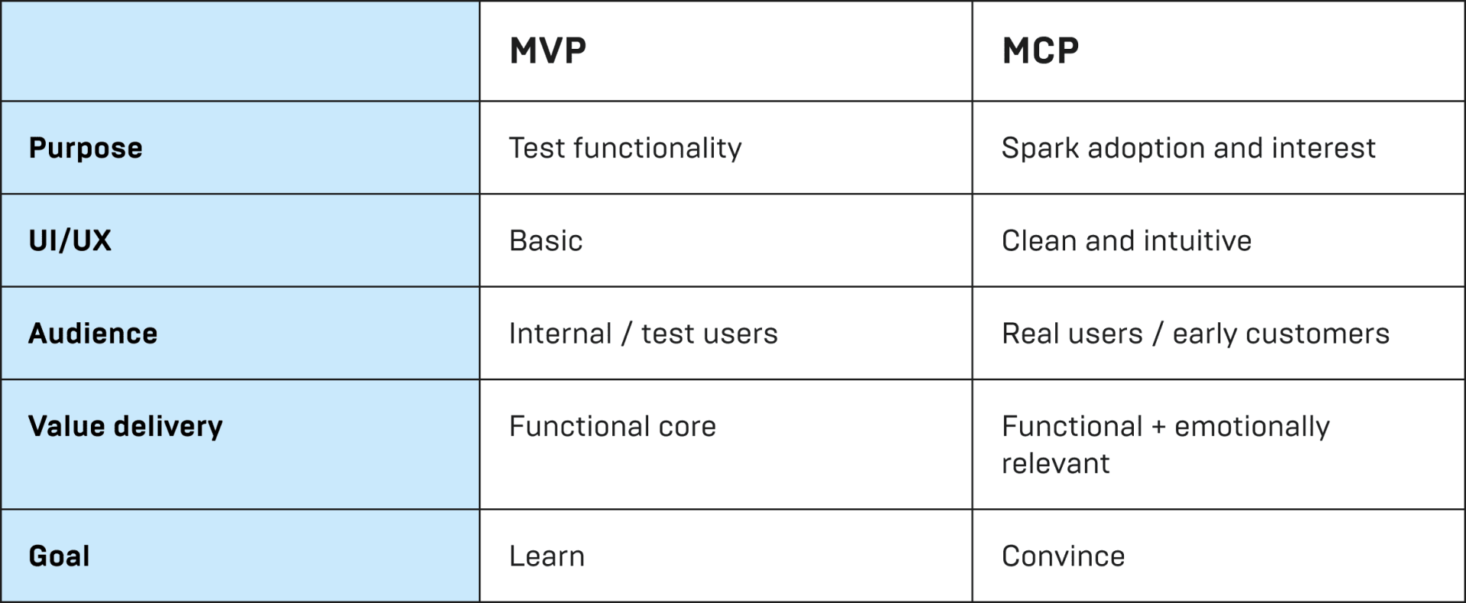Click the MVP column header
point(547,51)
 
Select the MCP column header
point(1040,51)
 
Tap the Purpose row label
point(86,148)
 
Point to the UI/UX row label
point(70,241)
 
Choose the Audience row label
point(93,334)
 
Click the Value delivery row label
point(125,426)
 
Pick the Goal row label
point(60,556)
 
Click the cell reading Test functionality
point(625,148)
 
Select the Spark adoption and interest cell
point(1188,148)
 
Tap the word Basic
point(546,241)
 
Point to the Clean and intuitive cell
point(1126,241)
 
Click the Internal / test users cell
point(643,334)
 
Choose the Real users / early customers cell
point(1195,334)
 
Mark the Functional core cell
point(612,426)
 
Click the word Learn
point(547,556)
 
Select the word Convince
point(1063,556)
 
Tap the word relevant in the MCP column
point(1055,463)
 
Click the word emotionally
point(1251,427)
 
